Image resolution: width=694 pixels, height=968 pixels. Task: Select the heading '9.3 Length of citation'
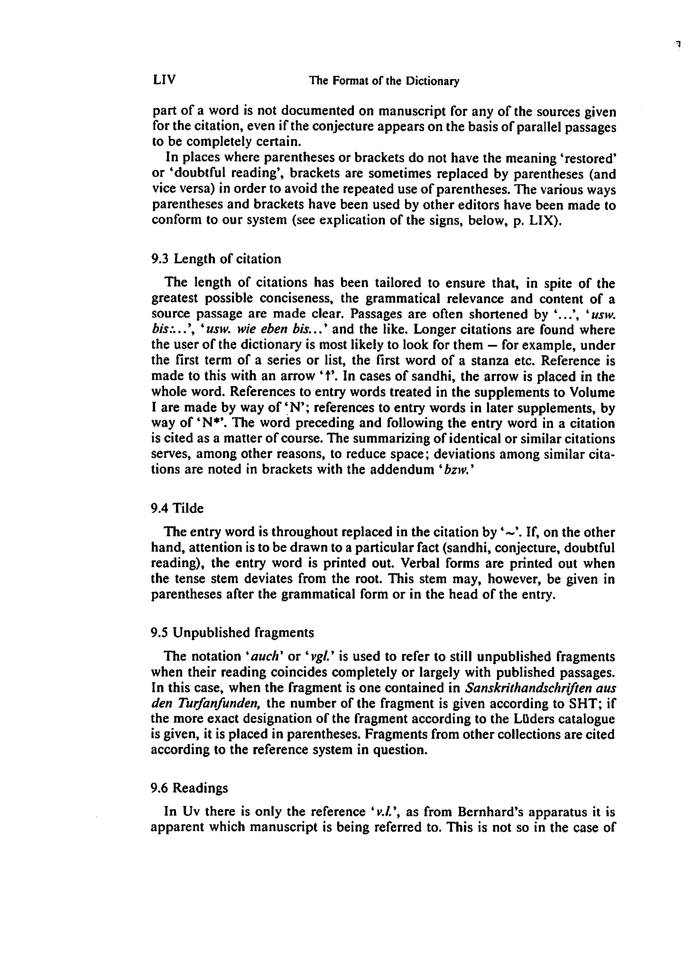pyautogui.click(x=217, y=259)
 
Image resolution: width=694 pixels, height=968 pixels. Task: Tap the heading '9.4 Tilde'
pyautogui.click(x=177, y=508)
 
